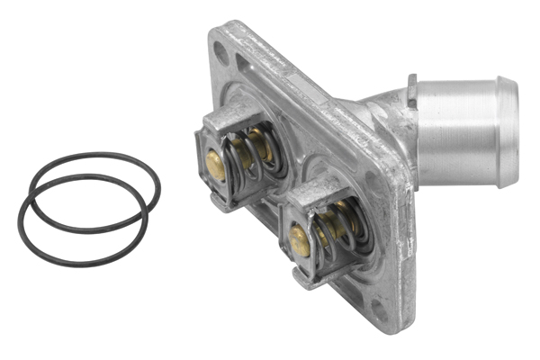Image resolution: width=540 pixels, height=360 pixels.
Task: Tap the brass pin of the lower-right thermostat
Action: point(299,239)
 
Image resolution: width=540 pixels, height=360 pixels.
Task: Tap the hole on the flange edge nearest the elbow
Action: point(370,176)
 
